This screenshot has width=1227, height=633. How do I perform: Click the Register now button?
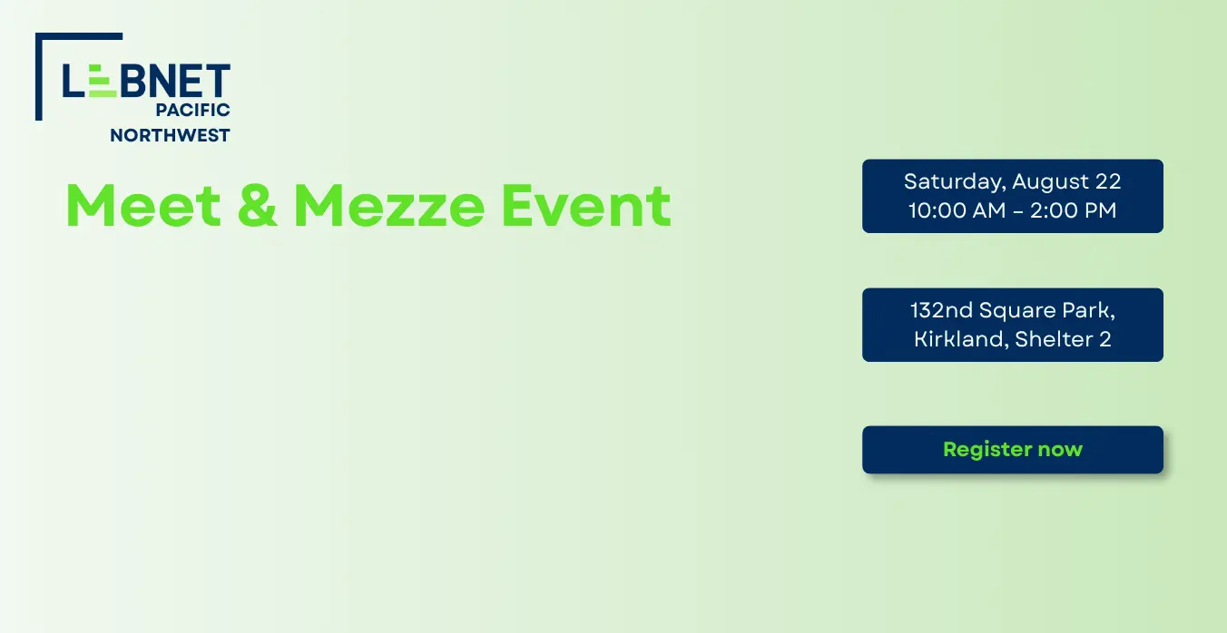point(1012,450)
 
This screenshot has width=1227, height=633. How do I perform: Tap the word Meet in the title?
point(143,205)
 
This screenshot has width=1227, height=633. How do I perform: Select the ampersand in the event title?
point(257,205)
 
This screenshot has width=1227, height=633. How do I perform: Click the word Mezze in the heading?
point(389,205)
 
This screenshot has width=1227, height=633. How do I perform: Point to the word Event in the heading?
point(585,205)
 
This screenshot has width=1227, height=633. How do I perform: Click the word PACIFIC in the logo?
point(192,110)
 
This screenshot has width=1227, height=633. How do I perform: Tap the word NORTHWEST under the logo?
point(170,135)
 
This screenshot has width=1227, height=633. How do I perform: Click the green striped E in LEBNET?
point(103,81)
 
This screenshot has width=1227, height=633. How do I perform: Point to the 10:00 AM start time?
point(957,210)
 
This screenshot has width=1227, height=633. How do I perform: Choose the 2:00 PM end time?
point(1073,210)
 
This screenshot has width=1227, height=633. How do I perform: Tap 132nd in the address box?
point(942,310)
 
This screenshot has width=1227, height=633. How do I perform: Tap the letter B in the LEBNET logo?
point(133,81)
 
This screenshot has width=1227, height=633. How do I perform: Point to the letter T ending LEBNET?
point(217,81)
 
